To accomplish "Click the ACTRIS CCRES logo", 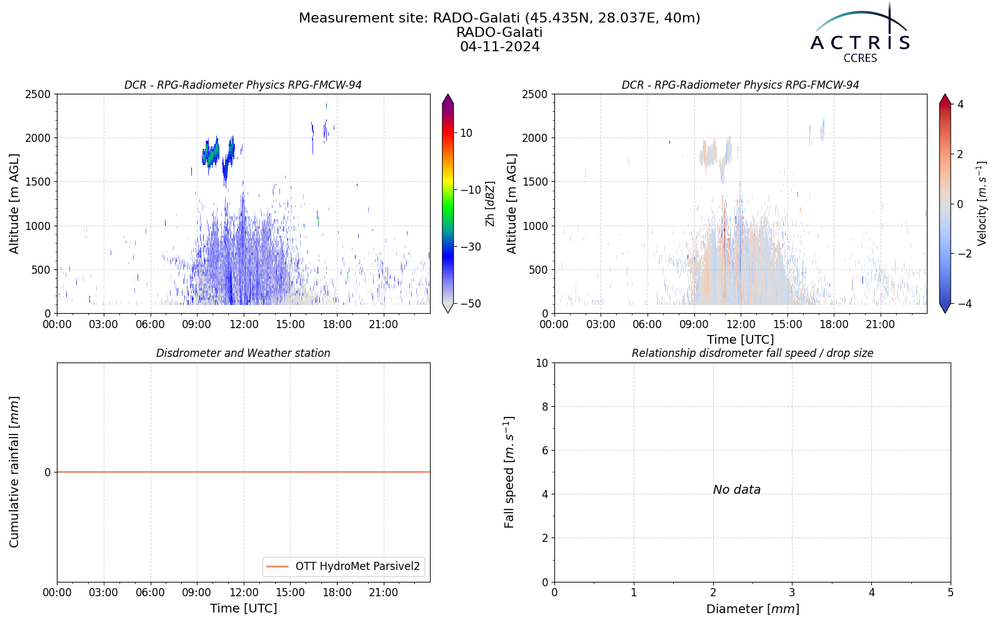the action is click(860, 34).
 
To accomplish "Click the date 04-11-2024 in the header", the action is click(499, 46).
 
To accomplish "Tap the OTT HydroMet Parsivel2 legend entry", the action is click(343, 566).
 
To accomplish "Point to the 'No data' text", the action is click(737, 490).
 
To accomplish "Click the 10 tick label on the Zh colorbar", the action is click(466, 133).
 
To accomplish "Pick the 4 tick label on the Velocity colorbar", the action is click(960, 104).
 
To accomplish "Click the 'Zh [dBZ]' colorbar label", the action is click(490, 204).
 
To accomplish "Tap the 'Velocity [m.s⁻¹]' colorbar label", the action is click(982, 204).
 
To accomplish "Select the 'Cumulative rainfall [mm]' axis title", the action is click(14, 472).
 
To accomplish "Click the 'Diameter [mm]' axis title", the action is click(752, 609).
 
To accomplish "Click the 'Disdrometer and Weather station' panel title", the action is click(243, 353).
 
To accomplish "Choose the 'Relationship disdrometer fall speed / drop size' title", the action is click(752, 353).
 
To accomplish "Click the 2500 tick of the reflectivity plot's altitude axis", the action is click(38, 94).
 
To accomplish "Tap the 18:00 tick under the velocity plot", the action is click(834, 324).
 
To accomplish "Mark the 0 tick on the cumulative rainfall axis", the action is click(47, 472).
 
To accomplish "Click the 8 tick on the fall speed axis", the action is click(544, 407).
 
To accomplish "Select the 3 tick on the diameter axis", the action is click(792, 593).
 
